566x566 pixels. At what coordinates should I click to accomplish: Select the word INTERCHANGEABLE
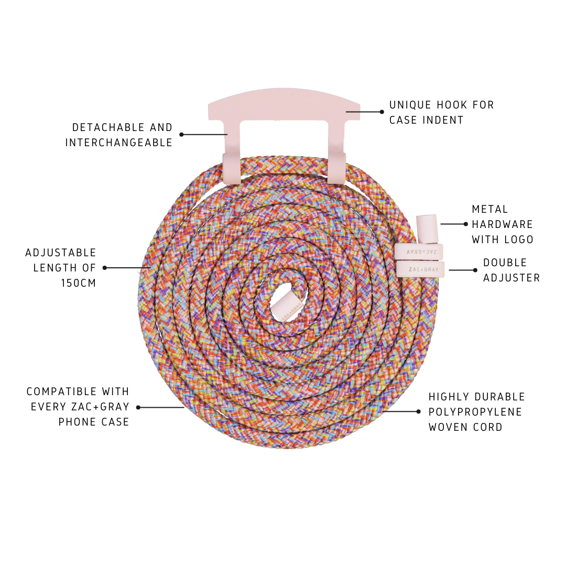[x=119, y=143]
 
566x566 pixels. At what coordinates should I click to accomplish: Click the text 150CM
[x=79, y=283]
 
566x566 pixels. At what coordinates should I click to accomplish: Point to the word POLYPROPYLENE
[x=475, y=412]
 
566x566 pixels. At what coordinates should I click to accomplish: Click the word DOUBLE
[x=505, y=263]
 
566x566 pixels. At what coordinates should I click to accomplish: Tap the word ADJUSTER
[x=511, y=278]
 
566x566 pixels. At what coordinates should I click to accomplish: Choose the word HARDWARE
[x=503, y=224]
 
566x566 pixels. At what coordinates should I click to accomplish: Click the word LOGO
[x=518, y=240]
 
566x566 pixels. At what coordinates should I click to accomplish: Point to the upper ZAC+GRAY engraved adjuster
[x=419, y=252]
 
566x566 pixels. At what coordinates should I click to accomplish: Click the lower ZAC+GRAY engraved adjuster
[x=421, y=269]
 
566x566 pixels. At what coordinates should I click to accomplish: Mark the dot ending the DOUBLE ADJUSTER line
[x=475, y=270]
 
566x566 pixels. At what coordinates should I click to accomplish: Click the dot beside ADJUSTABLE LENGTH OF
[x=105, y=268]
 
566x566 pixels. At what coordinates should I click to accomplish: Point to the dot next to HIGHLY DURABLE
[x=418, y=411]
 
